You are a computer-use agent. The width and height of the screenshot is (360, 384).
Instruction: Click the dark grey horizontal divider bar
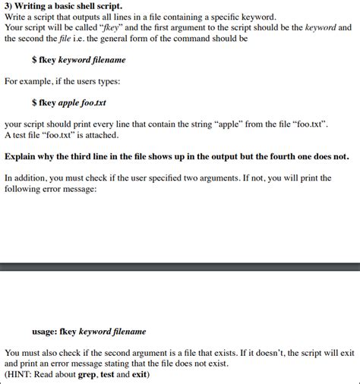click(180, 266)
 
